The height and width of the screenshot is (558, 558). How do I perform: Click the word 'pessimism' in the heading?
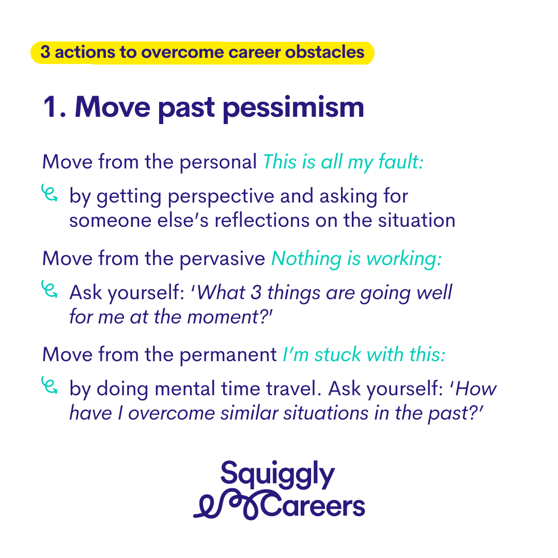[x=293, y=109]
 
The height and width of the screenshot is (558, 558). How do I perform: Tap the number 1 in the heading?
[x=50, y=106]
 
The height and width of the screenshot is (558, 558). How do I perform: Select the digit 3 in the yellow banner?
[x=45, y=52]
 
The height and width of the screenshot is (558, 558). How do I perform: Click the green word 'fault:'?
[x=401, y=162]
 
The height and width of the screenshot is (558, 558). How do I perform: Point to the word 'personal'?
[x=218, y=162]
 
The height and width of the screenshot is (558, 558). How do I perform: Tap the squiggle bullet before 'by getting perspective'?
[x=50, y=193]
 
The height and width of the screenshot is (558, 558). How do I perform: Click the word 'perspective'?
[x=221, y=197]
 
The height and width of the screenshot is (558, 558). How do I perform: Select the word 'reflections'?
[x=262, y=221]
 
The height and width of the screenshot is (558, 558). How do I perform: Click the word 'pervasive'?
[x=222, y=259]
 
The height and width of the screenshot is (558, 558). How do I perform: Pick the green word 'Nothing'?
[x=306, y=259]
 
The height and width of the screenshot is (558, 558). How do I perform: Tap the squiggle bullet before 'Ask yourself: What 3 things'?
[x=50, y=289]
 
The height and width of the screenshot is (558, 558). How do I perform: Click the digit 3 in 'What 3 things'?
[x=256, y=292]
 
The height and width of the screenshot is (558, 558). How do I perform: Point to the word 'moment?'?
[x=229, y=317]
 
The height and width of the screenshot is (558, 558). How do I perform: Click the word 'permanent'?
[x=228, y=355]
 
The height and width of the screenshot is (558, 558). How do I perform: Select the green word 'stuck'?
[x=338, y=354]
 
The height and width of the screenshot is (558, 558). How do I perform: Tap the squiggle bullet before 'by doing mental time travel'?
[x=50, y=385]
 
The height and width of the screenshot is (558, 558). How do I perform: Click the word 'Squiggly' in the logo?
[x=277, y=475]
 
